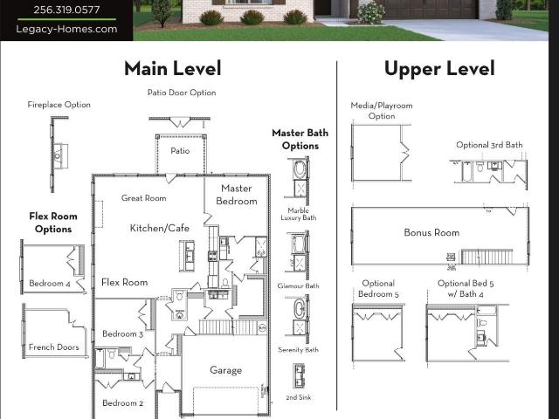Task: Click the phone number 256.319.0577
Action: tap(66, 10)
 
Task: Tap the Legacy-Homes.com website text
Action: tap(66, 29)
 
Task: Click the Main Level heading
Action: tap(173, 68)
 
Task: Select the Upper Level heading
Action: tap(439, 69)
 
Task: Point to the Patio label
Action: tap(180, 151)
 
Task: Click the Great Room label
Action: tap(143, 198)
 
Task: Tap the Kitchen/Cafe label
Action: tap(159, 228)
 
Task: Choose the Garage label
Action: tap(225, 370)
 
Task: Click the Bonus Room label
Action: tap(431, 233)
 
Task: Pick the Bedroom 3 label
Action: tap(122, 333)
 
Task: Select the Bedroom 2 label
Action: tap(122, 403)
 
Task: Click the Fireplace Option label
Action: tap(59, 105)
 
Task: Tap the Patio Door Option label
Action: tap(182, 93)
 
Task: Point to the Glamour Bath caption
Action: tap(299, 285)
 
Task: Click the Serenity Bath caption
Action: tap(299, 350)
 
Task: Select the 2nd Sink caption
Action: tap(299, 397)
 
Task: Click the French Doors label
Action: tap(54, 347)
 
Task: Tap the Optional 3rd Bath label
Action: tap(489, 145)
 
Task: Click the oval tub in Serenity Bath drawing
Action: tap(298, 308)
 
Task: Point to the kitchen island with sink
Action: tap(187, 256)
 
